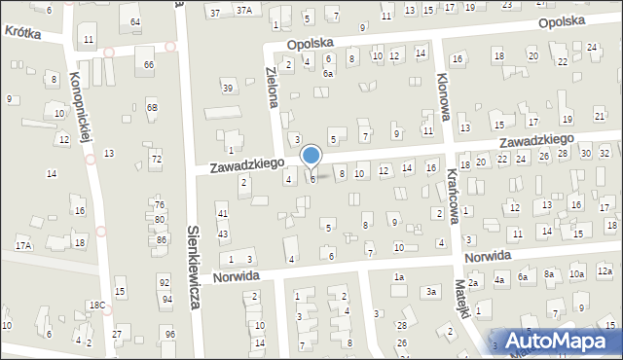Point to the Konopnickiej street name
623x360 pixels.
(81, 107)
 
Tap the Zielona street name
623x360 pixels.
(275, 86)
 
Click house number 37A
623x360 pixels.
(246, 11)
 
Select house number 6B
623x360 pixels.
(152, 106)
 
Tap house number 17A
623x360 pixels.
(22, 245)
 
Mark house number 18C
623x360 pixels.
(97, 306)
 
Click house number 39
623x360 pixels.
(228, 89)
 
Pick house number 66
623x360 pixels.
(149, 64)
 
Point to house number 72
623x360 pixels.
(155, 158)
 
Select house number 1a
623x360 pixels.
(398, 277)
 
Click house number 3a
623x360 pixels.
(430, 292)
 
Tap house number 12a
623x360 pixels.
(605, 270)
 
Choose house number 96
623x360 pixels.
(170, 335)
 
